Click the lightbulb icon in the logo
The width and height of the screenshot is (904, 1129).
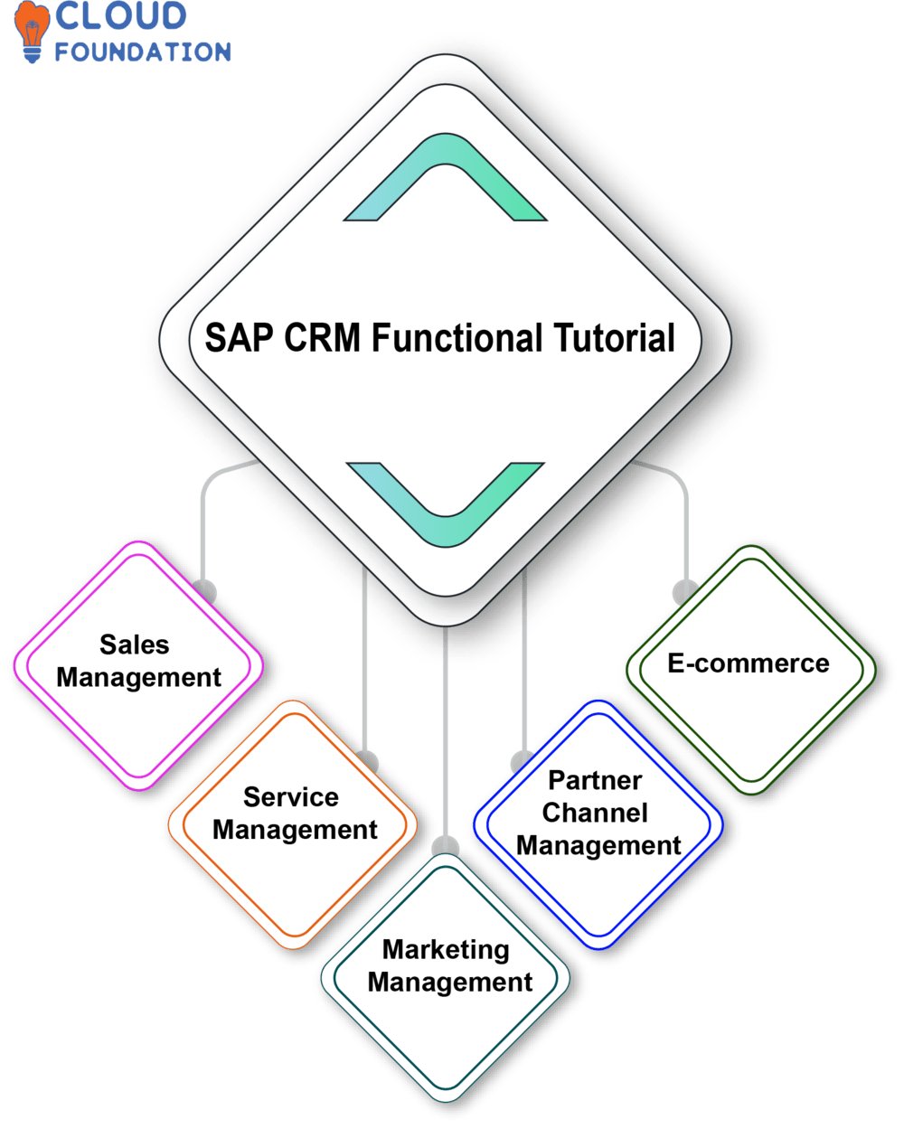[32, 32]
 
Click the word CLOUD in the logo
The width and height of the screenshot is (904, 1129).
[120, 17]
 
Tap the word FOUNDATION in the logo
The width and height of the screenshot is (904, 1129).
[143, 51]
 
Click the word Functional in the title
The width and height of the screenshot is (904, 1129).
[457, 338]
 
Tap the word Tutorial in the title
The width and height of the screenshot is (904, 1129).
[614, 338]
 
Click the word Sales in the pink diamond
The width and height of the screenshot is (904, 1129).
[135, 644]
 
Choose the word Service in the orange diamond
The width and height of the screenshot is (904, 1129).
[291, 796]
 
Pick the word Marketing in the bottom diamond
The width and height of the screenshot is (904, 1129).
[446, 949]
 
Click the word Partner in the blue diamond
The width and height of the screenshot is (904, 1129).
[595, 779]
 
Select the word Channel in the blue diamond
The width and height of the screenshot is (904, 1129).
[595, 812]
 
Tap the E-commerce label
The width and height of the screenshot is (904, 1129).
[749, 663]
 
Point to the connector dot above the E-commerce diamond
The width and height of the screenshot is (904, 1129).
[682, 592]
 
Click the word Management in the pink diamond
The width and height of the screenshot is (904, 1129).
[139, 677]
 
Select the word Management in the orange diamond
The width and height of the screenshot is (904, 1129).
[295, 829]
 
